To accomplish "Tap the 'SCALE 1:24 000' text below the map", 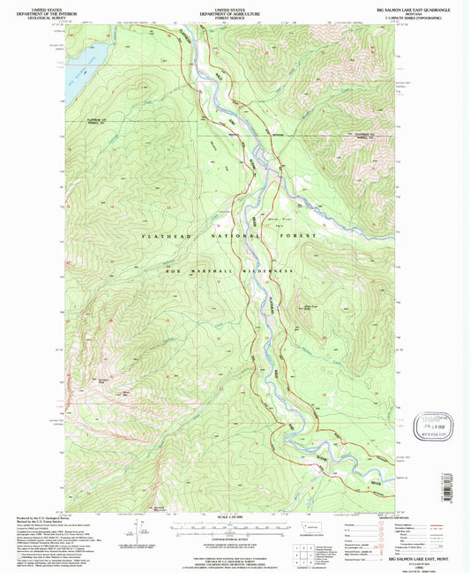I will [233, 516].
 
